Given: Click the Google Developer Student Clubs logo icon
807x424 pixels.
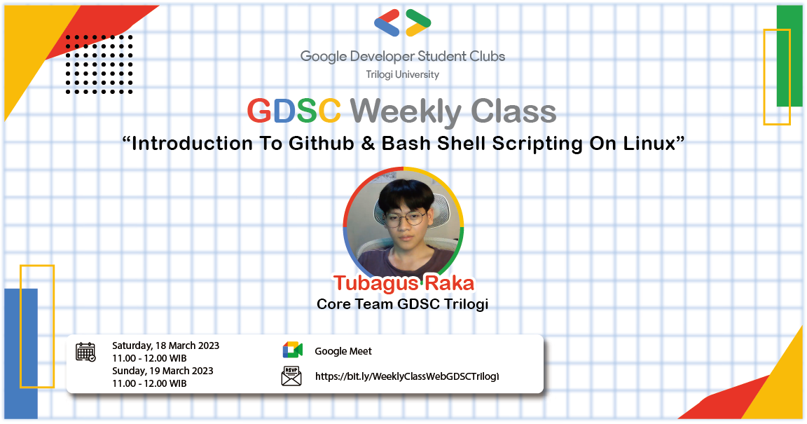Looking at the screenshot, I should pyautogui.click(x=403, y=23).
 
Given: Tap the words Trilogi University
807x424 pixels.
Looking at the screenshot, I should pyautogui.click(x=403, y=74).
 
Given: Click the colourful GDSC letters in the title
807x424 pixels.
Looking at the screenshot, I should pyautogui.click(x=294, y=111).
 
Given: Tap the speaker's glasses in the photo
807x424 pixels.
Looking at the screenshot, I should pyautogui.click(x=404, y=218).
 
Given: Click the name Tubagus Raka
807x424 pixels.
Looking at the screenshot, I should pyautogui.click(x=403, y=283).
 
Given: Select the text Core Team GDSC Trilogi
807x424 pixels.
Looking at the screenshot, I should pyautogui.click(x=402, y=304).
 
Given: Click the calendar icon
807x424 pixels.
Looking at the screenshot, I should pyautogui.click(x=85, y=352).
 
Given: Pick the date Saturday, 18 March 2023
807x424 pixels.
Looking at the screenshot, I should pyautogui.click(x=165, y=346).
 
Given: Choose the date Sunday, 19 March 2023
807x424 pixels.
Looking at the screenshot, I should pyautogui.click(x=163, y=371).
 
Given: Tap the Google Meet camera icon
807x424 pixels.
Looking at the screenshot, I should pyautogui.click(x=292, y=351).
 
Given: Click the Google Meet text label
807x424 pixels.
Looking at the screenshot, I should pyautogui.click(x=343, y=351).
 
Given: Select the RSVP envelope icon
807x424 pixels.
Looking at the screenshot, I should pyautogui.click(x=291, y=376).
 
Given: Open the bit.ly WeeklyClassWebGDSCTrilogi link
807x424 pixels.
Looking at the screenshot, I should pyautogui.click(x=407, y=376).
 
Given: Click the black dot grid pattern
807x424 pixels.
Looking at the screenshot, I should pyautogui.click(x=99, y=64).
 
